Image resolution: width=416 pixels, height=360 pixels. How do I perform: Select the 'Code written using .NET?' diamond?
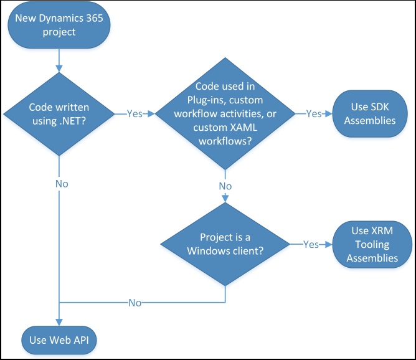click(x=59, y=115)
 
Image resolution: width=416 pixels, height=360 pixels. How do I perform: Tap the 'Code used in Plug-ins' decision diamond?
click(x=224, y=115)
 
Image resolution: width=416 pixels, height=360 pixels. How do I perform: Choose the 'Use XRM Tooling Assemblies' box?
click(x=372, y=245)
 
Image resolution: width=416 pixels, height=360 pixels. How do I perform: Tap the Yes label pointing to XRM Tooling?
click(x=311, y=245)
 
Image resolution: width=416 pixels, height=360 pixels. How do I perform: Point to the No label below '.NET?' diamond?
click(x=60, y=184)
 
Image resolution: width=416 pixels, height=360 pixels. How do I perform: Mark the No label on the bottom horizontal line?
click(x=134, y=303)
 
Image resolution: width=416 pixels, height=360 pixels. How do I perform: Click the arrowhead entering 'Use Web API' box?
click(x=59, y=321)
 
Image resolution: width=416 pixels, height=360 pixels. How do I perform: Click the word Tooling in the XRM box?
click(x=372, y=245)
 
